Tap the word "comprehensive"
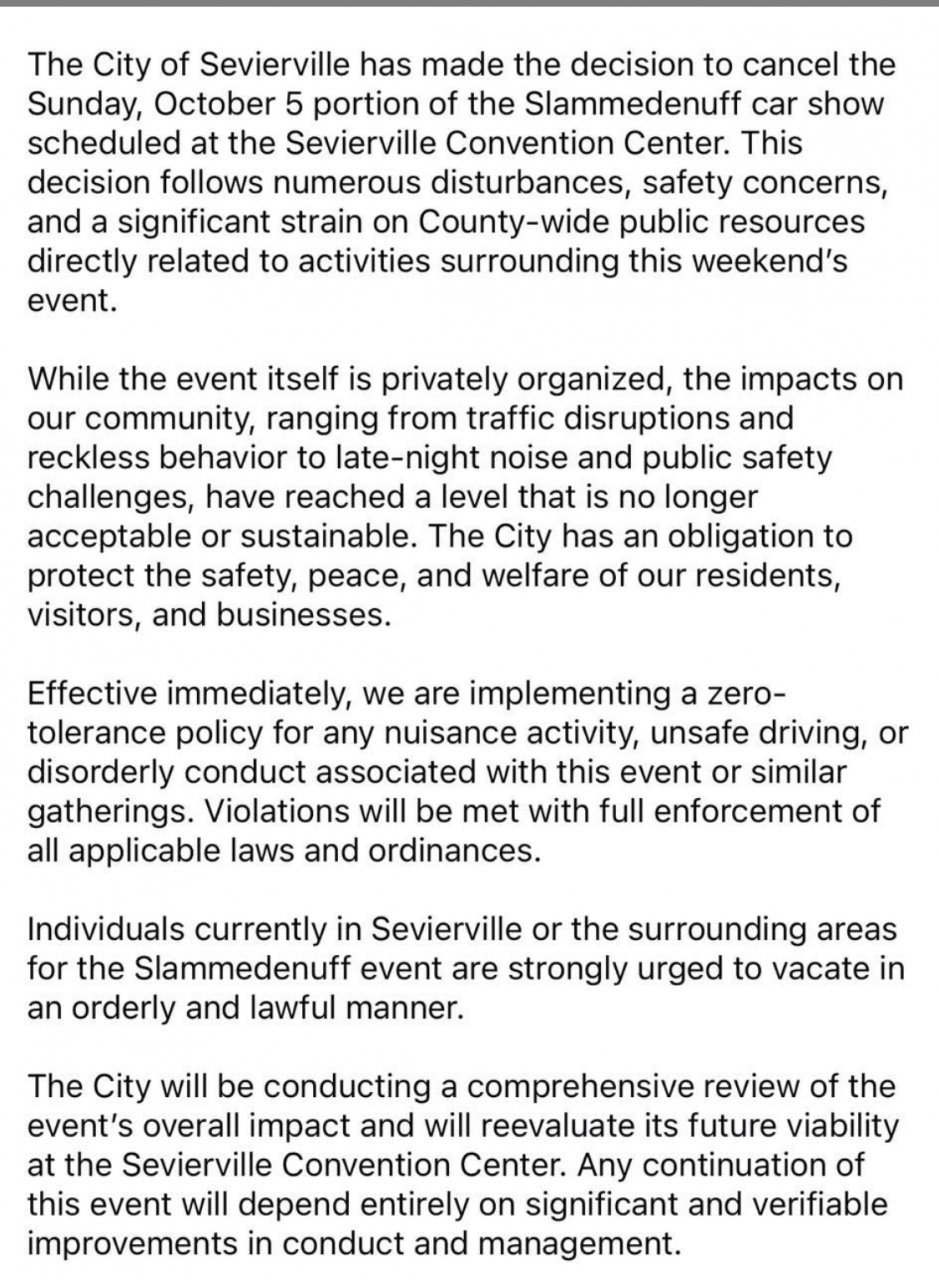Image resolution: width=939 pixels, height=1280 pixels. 531,1086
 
